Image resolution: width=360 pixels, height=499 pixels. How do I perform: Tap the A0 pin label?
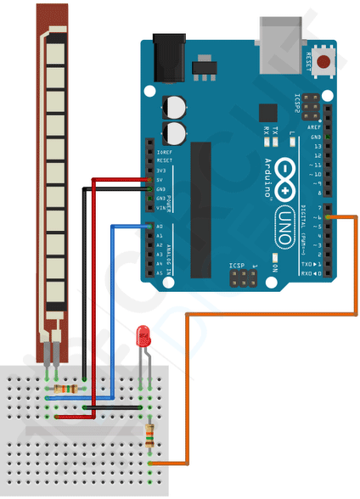coord(160,227)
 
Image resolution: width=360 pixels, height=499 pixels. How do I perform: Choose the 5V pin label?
coord(160,179)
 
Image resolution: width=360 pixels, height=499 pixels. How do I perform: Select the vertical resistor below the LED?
coord(150,435)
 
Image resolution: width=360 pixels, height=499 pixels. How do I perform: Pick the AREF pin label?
coord(316,127)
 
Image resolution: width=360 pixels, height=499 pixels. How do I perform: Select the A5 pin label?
coord(160,273)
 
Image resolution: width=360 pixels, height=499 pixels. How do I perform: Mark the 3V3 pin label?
coord(160,170)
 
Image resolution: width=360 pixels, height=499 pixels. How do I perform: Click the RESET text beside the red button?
coord(309,60)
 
